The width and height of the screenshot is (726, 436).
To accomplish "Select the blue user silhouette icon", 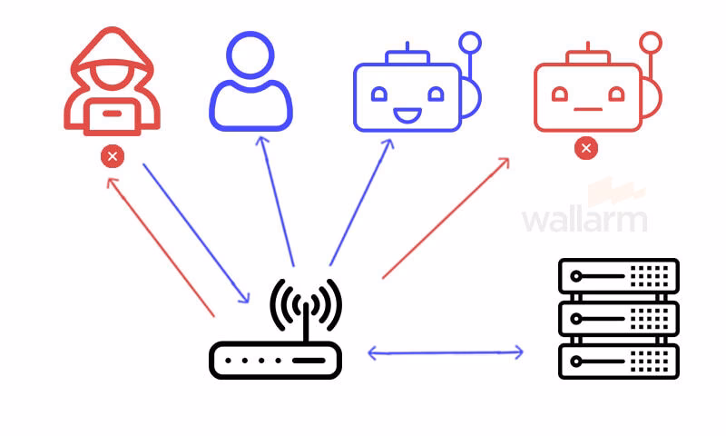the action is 250,82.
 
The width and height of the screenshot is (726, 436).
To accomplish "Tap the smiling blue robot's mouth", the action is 407,115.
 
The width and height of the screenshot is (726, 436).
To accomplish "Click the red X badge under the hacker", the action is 113,156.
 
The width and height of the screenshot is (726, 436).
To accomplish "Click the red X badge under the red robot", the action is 586,148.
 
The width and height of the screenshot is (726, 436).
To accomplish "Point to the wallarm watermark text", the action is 584,221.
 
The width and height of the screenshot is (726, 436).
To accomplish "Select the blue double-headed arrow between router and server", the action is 446,352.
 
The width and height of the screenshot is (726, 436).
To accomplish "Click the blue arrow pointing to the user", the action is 277,201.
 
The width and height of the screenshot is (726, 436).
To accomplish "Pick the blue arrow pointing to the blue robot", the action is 361,203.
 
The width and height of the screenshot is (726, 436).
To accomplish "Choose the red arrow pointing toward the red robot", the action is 446,218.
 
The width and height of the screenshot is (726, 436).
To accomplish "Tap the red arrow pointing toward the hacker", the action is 161,247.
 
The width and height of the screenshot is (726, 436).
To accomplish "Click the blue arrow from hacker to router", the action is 196,233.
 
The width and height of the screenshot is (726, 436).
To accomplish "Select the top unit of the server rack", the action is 619,276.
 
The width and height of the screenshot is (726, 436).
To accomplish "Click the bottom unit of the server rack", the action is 619,362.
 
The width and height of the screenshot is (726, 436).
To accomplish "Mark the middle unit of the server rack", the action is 619,319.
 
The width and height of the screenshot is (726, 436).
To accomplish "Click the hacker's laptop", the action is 112,117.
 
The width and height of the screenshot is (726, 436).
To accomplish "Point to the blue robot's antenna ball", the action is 470,43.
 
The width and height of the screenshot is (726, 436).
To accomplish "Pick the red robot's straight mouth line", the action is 588,109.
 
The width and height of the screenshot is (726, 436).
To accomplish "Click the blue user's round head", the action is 250,55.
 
